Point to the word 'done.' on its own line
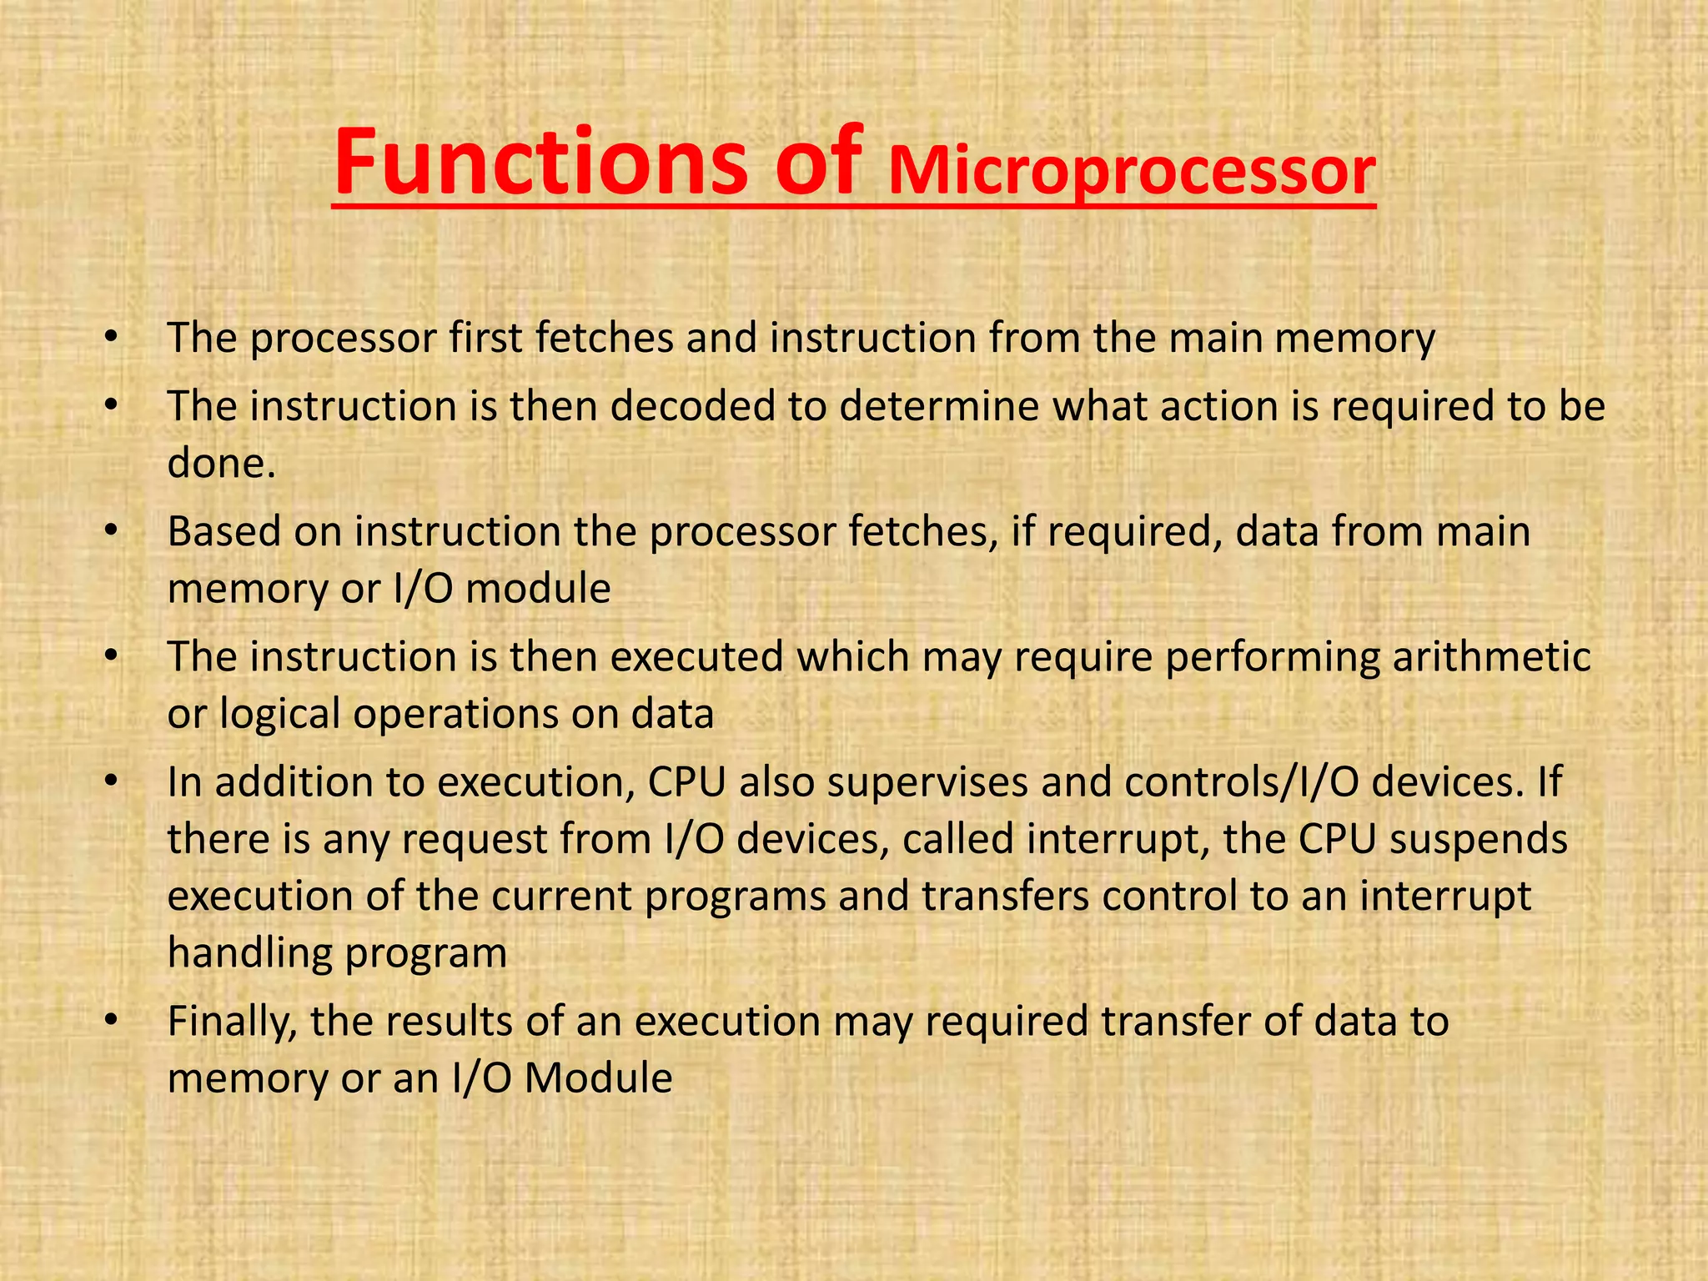coord(221,462)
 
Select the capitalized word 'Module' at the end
coord(598,1078)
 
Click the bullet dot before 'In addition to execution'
coord(112,782)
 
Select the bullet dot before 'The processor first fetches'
coord(112,338)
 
